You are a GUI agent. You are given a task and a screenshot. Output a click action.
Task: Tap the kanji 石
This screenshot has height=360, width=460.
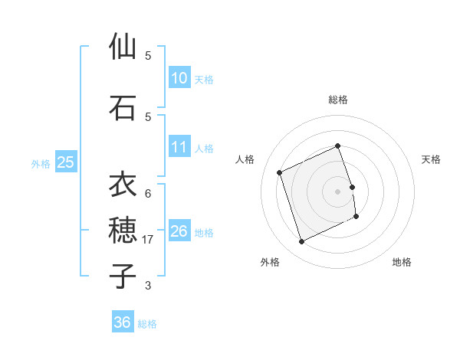123,107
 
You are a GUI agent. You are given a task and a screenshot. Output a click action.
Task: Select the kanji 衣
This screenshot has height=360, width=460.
123,184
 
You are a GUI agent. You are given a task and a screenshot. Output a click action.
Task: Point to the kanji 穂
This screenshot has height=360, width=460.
123,229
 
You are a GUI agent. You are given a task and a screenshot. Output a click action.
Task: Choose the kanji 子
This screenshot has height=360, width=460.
123,275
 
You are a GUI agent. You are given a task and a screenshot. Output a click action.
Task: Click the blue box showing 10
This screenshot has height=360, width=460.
179,78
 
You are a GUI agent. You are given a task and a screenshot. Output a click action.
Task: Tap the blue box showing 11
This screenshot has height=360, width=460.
179,147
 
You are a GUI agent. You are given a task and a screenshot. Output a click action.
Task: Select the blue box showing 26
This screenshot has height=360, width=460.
179,231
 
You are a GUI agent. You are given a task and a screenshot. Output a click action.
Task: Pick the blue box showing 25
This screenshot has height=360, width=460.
65,162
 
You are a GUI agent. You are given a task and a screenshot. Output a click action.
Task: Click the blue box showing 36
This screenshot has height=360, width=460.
122,322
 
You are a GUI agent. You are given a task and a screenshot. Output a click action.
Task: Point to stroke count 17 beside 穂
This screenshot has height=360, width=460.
148,240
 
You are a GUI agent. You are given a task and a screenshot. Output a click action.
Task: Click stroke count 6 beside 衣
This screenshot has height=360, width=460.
148,194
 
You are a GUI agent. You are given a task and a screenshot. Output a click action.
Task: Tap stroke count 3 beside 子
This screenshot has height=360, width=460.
148,286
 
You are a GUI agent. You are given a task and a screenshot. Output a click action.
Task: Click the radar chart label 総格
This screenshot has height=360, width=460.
338,100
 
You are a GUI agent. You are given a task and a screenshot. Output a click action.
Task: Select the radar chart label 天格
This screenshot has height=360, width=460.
431,159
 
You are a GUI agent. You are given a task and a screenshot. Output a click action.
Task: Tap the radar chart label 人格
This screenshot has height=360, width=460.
245,159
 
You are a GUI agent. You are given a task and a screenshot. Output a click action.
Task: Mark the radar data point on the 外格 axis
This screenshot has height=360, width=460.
301,242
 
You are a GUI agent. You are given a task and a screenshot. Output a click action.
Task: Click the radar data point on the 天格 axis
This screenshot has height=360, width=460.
353,187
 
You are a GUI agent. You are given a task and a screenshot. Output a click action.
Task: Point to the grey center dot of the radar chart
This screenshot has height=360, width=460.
338,191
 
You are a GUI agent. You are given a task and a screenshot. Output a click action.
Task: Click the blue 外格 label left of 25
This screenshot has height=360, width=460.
41,163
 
